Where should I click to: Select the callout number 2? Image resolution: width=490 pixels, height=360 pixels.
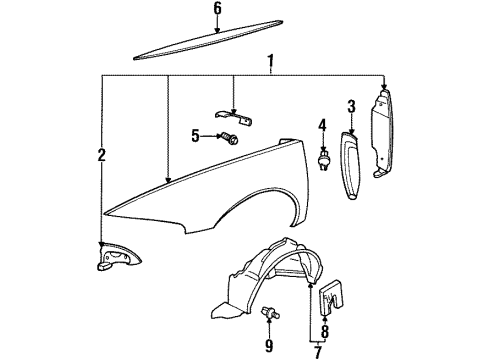101,154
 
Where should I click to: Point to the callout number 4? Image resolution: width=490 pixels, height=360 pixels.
322,125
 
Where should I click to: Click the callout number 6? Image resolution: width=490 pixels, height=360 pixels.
216,10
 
